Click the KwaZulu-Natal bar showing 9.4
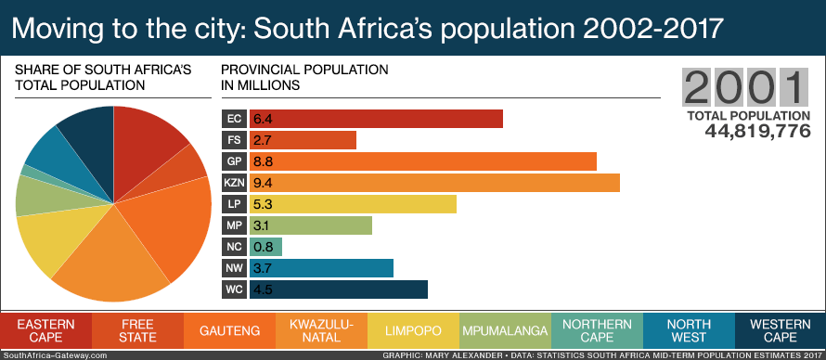[x=434, y=183]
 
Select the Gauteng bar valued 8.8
[x=422, y=161]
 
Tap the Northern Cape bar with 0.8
[x=265, y=247]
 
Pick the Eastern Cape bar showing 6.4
[x=376, y=119]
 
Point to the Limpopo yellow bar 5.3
[x=353, y=204]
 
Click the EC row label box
[x=235, y=119]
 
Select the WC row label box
[x=235, y=289]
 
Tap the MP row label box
[x=235, y=225]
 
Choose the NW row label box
[x=235, y=268]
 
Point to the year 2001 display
[x=744, y=88]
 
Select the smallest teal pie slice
[x=28, y=172]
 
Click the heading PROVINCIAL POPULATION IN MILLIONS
[x=304, y=77]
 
